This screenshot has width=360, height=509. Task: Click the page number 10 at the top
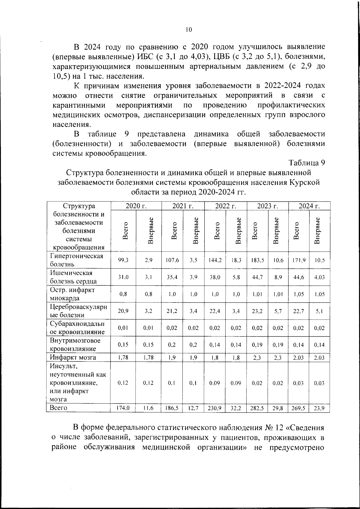point(188,29)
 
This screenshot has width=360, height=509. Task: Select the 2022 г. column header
point(226,206)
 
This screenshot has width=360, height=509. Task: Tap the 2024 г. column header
point(309,206)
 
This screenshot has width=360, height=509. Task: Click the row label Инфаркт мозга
point(73,357)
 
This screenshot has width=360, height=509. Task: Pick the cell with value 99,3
point(123,260)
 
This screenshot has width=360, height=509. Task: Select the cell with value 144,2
point(215,260)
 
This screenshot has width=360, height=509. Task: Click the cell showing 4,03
point(319,277)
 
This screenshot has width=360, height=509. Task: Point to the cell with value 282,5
point(257,408)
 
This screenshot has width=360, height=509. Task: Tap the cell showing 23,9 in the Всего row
point(319,408)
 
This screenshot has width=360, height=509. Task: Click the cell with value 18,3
point(236,260)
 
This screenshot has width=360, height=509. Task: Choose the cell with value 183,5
point(257,260)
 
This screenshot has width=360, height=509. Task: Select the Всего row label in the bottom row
point(58,408)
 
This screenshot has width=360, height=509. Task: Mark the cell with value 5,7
point(278,311)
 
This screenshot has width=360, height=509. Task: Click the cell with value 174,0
point(123,408)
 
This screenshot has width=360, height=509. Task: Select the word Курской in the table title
point(305,182)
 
